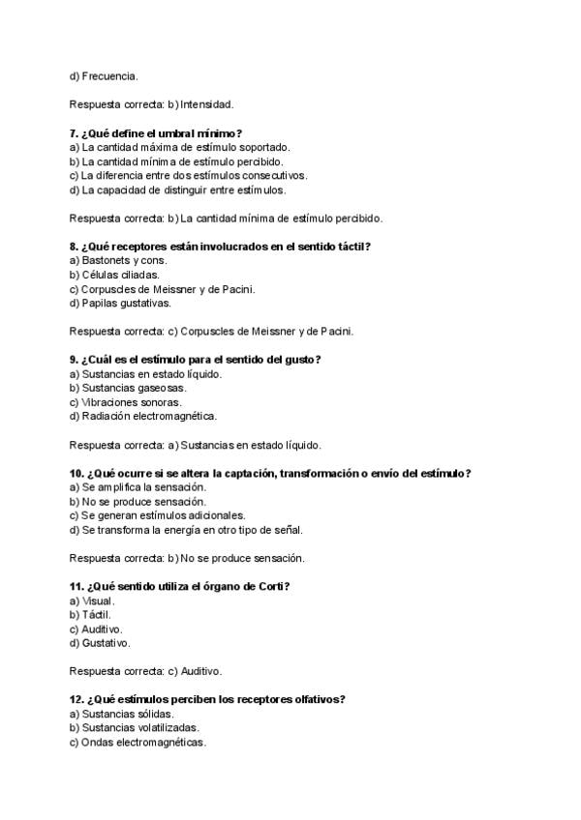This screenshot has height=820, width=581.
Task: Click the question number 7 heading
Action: tap(156, 133)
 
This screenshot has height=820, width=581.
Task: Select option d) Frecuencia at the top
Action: tap(104, 75)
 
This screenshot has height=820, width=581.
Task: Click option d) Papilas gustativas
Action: tap(120, 303)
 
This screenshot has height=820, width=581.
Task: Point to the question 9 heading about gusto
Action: tap(195, 360)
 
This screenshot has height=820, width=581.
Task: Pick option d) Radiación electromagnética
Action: tap(143, 417)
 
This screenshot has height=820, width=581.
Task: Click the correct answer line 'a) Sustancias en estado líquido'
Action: tap(196, 445)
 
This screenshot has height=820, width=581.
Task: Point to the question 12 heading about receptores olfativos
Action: tap(208, 699)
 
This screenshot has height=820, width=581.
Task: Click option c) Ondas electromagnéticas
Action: tap(138, 742)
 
